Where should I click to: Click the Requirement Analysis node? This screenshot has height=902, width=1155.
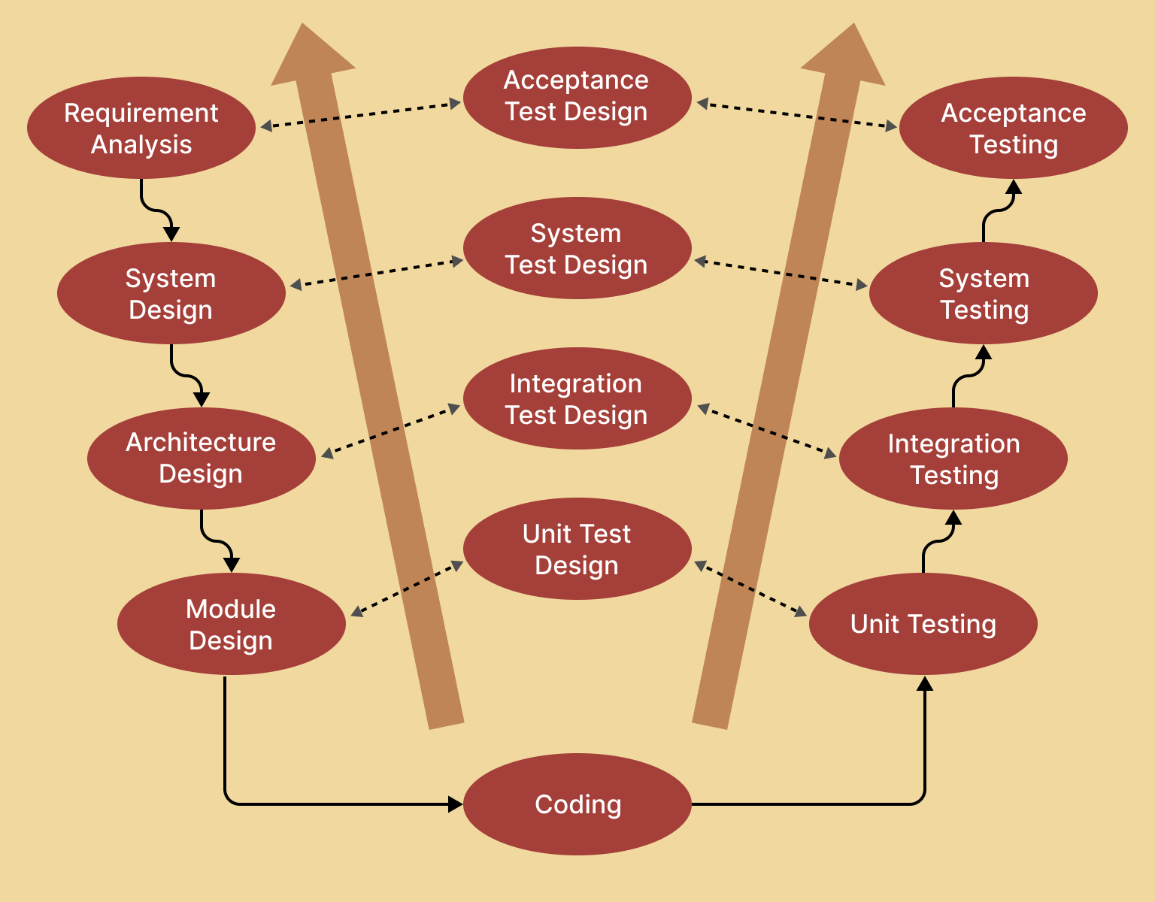tap(141, 128)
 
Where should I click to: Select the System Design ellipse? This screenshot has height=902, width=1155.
tap(171, 293)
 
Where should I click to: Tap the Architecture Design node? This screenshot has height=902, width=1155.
tap(202, 459)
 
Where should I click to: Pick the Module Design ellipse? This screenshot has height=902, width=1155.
tap(232, 624)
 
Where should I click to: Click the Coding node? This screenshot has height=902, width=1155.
tap(577, 804)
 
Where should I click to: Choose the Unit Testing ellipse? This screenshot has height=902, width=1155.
tap(923, 624)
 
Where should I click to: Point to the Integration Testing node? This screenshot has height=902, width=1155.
tap(953, 459)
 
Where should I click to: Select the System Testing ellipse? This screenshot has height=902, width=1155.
tap(984, 293)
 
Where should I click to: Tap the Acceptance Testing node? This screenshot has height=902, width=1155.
tap(1014, 128)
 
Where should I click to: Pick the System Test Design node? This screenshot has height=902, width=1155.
tap(577, 248)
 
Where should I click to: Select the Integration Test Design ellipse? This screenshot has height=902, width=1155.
tap(577, 398)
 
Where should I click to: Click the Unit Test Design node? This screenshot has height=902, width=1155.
tap(577, 549)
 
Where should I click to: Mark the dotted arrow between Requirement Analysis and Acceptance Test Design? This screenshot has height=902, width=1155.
tap(361, 115)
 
